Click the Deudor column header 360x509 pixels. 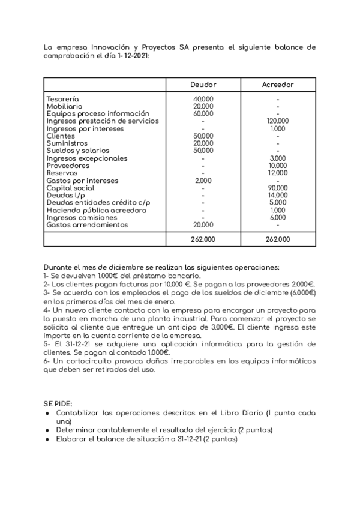point(203,85)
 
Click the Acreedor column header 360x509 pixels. point(278,85)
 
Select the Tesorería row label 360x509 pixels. point(62,99)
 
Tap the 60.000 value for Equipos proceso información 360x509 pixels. point(203,114)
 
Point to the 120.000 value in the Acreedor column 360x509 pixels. point(278,121)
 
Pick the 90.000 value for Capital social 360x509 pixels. point(278,188)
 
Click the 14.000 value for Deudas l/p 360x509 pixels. point(278,196)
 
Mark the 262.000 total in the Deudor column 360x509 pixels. point(203,239)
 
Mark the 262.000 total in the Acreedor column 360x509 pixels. point(278,239)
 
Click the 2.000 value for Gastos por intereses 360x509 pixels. point(203,181)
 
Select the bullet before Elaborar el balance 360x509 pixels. point(47,439)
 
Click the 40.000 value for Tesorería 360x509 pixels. point(203,99)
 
